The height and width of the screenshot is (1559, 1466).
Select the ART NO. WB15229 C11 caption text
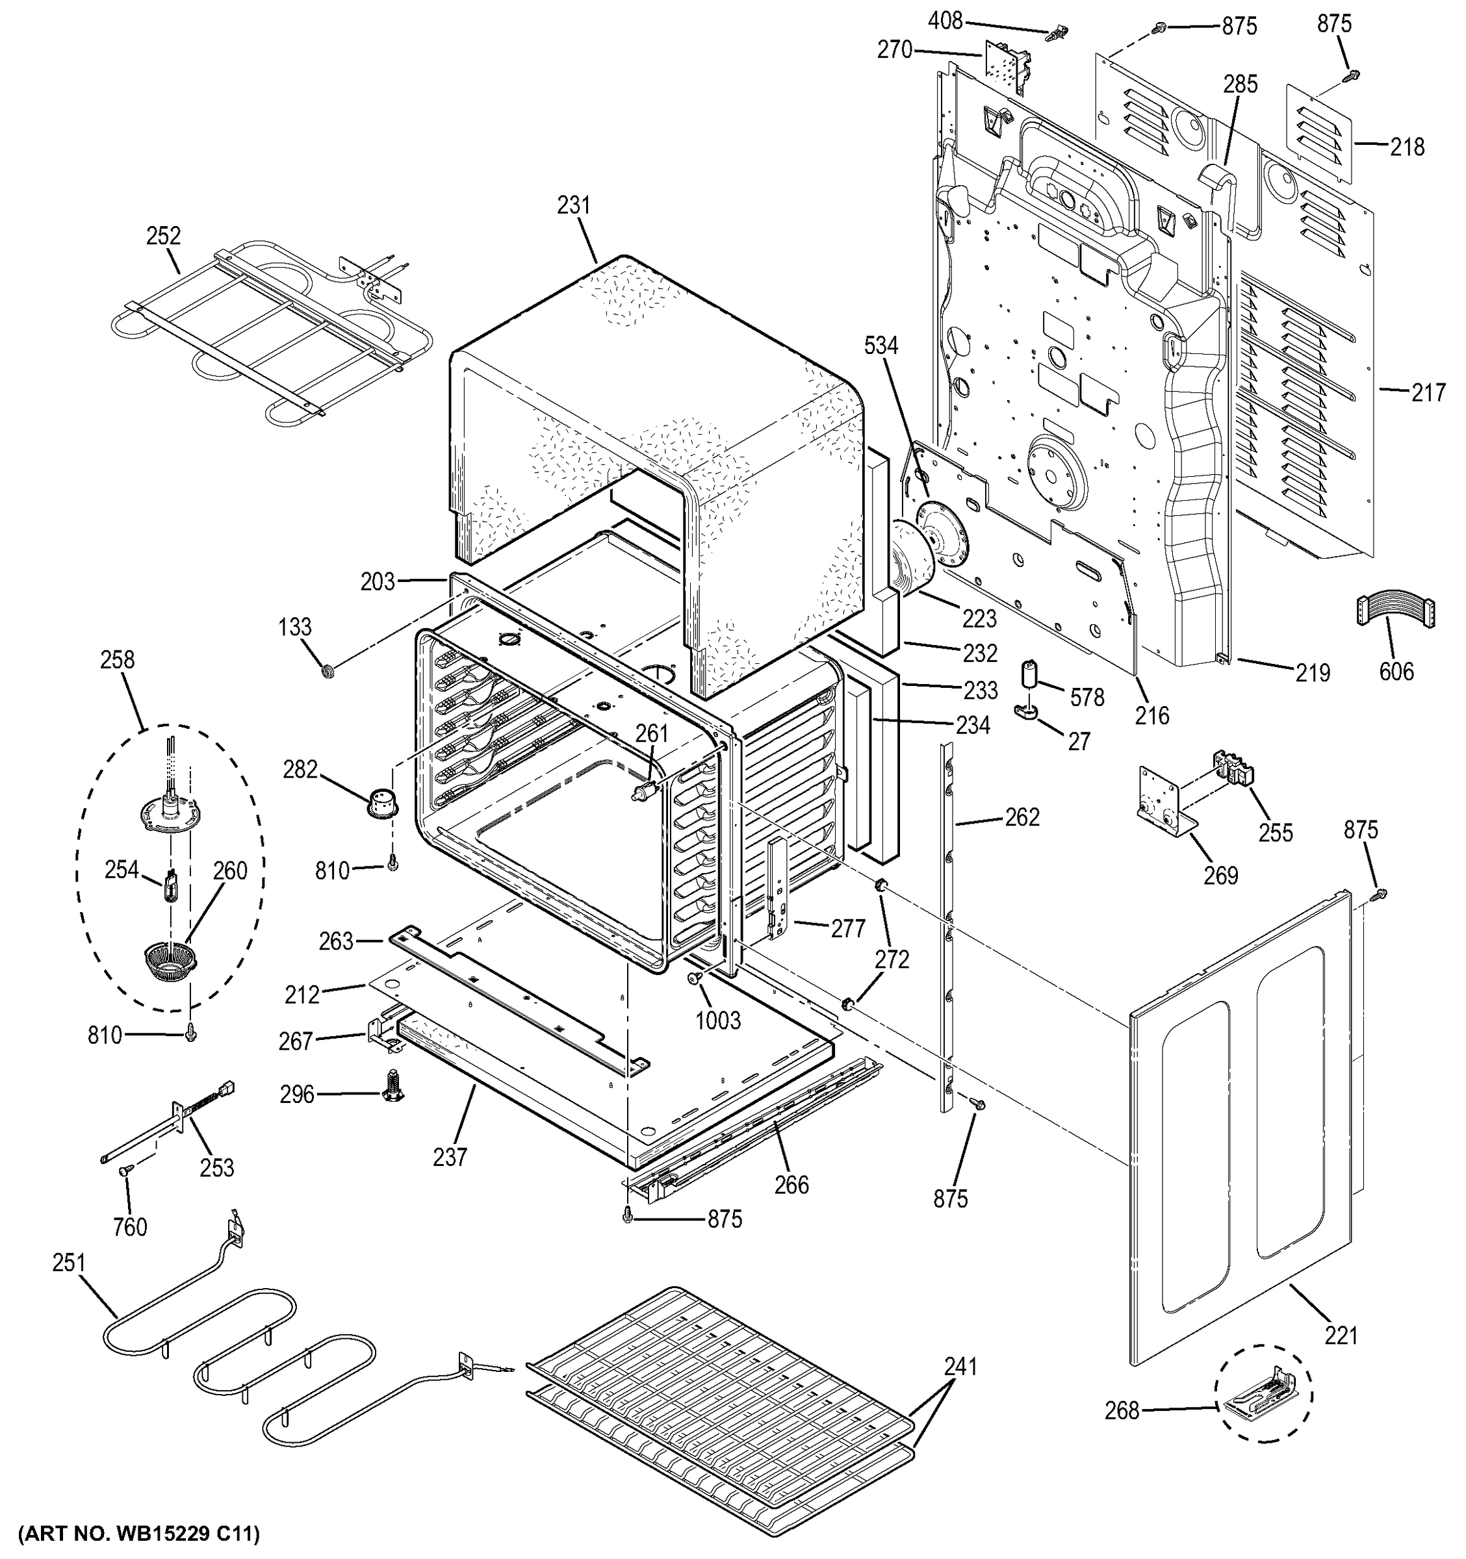pyautogui.click(x=138, y=1533)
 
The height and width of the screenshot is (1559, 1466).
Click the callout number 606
pyautogui.click(x=1396, y=671)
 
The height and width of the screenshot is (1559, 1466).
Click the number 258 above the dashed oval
pyautogui.click(x=118, y=660)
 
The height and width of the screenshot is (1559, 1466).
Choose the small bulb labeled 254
pyautogui.click(x=170, y=888)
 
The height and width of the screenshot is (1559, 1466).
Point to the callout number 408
pyautogui.click(x=945, y=20)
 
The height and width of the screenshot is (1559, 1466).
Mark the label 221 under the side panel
pyautogui.click(x=1341, y=1335)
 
